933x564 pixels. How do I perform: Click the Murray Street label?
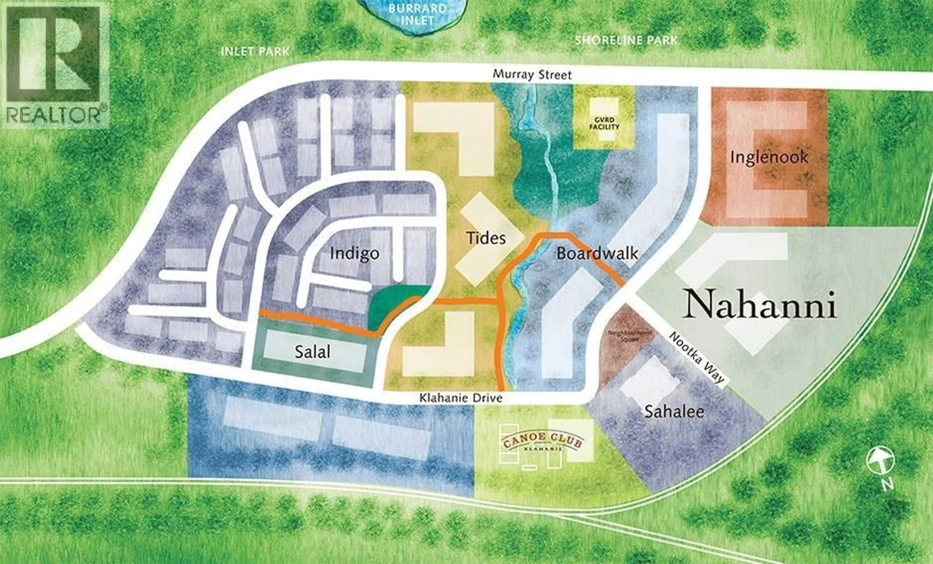532,75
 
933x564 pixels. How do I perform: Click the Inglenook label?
769,157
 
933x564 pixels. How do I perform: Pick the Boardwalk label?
597,253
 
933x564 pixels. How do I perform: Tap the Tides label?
486,238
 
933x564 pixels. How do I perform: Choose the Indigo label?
354,253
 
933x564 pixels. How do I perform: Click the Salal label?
312,352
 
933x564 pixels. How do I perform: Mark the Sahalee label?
674,411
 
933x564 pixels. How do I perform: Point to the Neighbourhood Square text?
629,336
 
